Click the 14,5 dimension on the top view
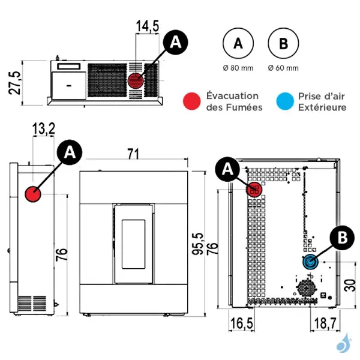[x=148, y=26]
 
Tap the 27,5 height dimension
[x=14, y=83]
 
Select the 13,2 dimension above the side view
[x=44, y=127]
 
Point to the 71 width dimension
[x=133, y=154]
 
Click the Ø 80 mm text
[x=238, y=68]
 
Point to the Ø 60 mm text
[x=283, y=68]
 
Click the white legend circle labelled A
[x=238, y=43]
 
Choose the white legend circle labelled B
[x=283, y=43]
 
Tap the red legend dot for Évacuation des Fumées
[x=192, y=101]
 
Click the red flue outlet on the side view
[x=32, y=194]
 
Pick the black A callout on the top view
[x=175, y=41]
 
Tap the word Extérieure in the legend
[x=322, y=107]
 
